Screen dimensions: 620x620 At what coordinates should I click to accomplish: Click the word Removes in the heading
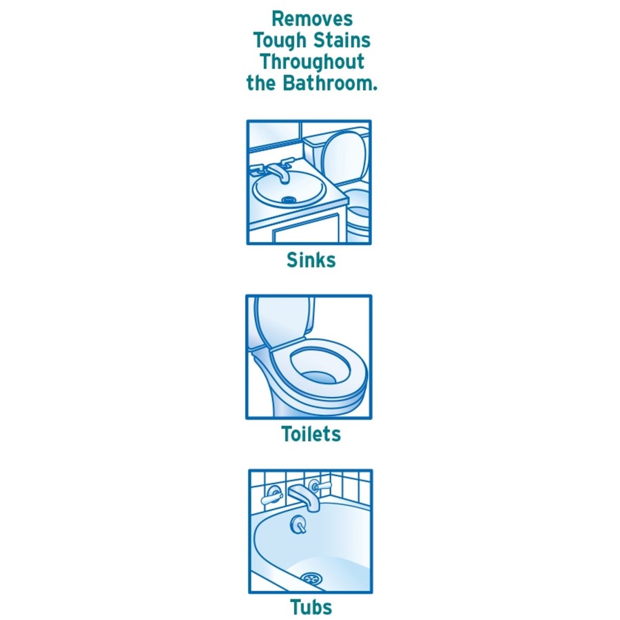pos(312,19)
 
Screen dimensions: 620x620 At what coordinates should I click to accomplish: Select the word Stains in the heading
pos(342,41)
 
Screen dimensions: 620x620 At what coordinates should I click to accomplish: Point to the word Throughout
pos(312,63)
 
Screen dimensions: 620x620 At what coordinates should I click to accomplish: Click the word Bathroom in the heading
pos(330,83)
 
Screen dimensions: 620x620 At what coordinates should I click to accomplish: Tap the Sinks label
pos(311,260)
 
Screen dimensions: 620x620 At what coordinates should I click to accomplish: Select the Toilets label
pos(311,434)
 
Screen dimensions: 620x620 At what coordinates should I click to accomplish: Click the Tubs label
pos(311,607)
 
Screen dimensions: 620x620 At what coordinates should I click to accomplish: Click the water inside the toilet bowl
pos(320,378)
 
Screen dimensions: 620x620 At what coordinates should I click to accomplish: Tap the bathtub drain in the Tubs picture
pos(311,579)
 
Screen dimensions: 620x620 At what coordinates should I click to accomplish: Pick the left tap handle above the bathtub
pos(272,496)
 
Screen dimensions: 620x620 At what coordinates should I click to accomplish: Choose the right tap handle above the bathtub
pos(320,486)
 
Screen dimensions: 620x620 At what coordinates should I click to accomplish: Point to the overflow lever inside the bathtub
pos(298,525)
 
